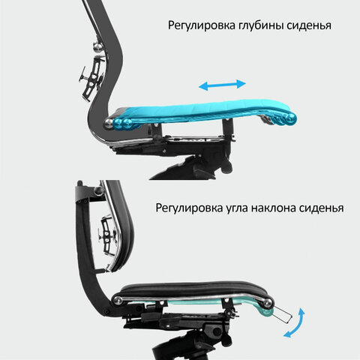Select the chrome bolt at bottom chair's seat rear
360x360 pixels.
tap(118, 301)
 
